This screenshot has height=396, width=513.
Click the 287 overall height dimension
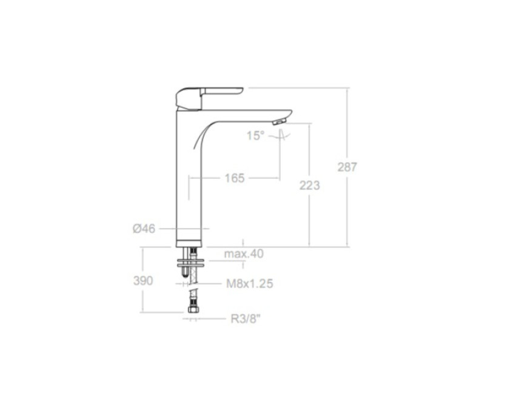click(x=347, y=167)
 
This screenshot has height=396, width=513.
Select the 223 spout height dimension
click(x=309, y=185)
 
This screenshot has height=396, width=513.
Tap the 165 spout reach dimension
click(x=235, y=178)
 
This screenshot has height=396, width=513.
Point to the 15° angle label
click(x=255, y=135)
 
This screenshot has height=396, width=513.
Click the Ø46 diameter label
click(x=144, y=229)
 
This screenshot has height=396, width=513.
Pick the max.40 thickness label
click(x=244, y=253)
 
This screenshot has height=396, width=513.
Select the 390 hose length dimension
click(x=143, y=280)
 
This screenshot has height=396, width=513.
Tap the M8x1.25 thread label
click(x=250, y=283)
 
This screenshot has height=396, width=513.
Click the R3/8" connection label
click(x=246, y=318)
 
